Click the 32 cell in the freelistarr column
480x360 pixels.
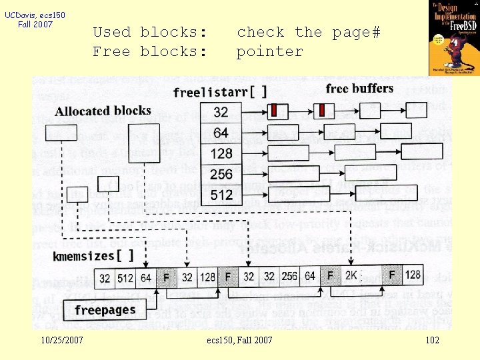click(x=221, y=112)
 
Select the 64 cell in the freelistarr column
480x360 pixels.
click(x=221, y=133)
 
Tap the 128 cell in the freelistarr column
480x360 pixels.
click(x=221, y=153)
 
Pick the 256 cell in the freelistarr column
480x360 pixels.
click(x=221, y=174)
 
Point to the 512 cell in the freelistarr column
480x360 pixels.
click(x=221, y=195)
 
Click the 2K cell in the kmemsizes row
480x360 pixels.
click(x=351, y=275)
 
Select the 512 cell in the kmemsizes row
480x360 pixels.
click(x=125, y=276)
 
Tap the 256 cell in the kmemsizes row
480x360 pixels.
click(x=289, y=275)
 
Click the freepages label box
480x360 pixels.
click(x=104, y=310)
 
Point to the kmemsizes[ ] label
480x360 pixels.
click(x=93, y=255)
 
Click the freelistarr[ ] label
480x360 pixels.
click(x=219, y=92)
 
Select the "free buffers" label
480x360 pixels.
click(x=359, y=89)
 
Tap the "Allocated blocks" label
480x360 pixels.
click(x=103, y=111)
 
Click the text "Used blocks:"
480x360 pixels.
click(x=149, y=32)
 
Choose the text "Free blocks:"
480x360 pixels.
click(x=149, y=51)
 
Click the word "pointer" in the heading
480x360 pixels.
click(x=269, y=51)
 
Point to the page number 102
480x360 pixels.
click(x=432, y=341)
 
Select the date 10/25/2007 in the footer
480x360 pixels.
click(x=61, y=341)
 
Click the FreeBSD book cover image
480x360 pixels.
click(x=453, y=37)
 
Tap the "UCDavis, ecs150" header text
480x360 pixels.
click(x=35, y=15)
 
